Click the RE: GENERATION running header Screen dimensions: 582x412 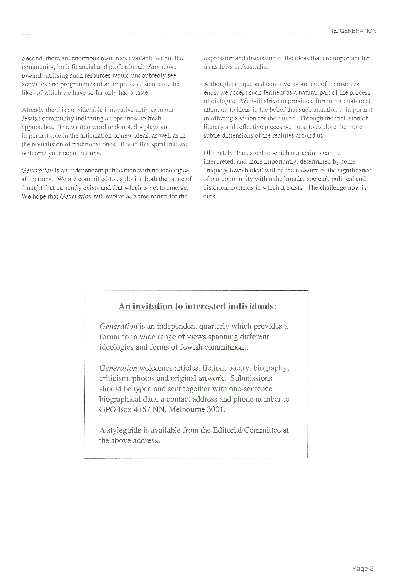353,31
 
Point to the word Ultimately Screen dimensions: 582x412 219,153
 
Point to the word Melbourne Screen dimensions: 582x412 186,410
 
